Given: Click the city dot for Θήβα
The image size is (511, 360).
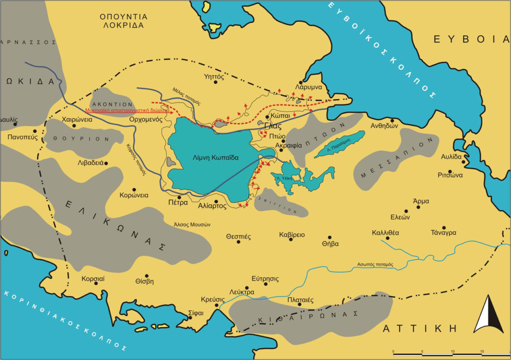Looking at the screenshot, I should pyautogui.click(x=330, y=237).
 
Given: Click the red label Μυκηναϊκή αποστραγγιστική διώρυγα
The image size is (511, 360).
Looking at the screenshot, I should pyautogui.click(x=127, y=110).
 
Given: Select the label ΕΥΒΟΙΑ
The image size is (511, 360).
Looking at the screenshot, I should pyautogui.click(x=471, y=40).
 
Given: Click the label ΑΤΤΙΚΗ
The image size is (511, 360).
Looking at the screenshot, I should pyautogui.click(x=419, y=329).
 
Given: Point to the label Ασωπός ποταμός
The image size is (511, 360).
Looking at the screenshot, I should pyautogui.click(x=375, y=265).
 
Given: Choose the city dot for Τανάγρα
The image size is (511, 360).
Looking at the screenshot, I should pyautogui.click(x=444, y=228).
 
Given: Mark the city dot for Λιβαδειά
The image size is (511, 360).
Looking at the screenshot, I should pyautogui.click(x=106, y=163).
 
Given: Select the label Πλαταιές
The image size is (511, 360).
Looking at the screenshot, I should pyautogui.click(x=300, y=300).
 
